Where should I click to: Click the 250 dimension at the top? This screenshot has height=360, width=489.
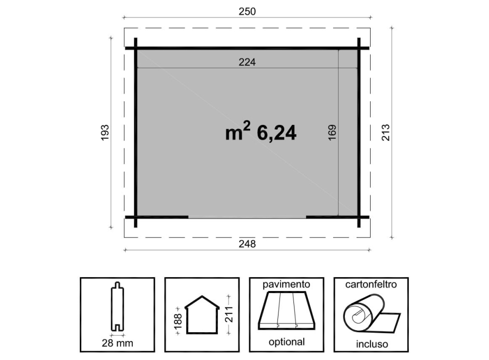point(247,11)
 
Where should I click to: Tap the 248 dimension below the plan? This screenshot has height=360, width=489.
point(247,244)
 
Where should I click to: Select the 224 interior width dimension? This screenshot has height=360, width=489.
point(247,62)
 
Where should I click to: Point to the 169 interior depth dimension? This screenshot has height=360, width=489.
point(332,132)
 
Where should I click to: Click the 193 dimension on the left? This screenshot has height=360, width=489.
point(105,132)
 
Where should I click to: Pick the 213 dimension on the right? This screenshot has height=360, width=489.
point(386,132)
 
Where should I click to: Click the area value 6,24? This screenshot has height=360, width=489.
point(276,133)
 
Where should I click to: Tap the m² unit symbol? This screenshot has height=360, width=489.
point(238,131)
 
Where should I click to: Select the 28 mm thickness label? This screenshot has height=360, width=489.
point(117,343)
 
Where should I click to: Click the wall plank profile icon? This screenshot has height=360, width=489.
point(117,307)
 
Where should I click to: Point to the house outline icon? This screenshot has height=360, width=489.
point(202,315)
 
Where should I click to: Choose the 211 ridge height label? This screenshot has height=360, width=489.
point(229,314)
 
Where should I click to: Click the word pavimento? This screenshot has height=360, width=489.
point(286,284)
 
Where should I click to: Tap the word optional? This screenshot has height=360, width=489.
point(287,342)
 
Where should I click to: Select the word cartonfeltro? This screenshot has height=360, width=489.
point(371,284)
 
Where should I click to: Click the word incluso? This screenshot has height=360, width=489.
point(372,344)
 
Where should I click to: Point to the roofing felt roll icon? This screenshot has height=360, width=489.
point(371,314)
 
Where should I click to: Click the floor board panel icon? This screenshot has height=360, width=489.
point(286,311)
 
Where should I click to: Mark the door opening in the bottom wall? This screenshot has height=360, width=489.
point(247,217)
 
